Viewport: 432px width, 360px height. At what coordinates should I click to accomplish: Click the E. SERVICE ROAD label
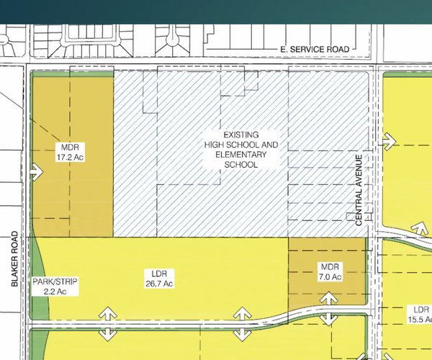pos(314,49)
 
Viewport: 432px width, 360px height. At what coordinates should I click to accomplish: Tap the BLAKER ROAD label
pos(15,260)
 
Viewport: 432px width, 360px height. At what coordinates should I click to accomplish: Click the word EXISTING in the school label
pos(240,135)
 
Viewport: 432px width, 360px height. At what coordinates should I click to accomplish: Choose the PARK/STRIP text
pos(55,282)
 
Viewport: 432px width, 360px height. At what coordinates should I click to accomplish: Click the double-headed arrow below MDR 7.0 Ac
pos(328,308)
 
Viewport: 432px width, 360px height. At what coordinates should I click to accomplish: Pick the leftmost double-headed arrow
pos(108,323)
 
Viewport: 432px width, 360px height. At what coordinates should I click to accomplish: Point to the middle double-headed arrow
pos(242,323)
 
